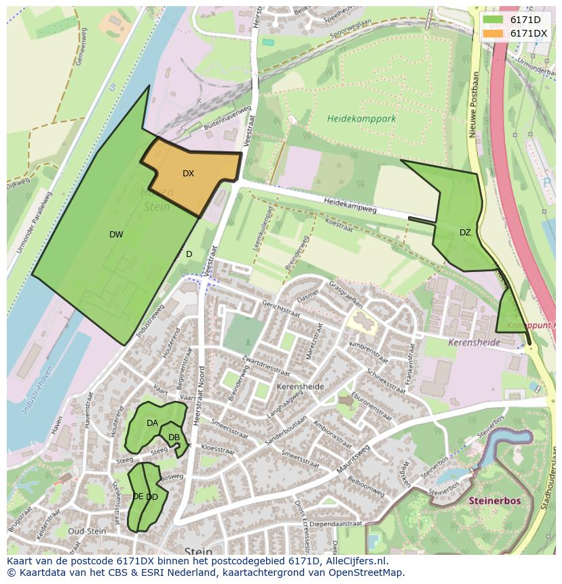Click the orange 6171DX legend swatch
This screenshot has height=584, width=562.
click(493, 33)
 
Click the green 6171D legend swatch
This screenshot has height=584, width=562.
click(493, 20)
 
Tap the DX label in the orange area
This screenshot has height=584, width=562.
click(188, 174)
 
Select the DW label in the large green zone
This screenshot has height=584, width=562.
click(116, 235)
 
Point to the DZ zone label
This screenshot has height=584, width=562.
click(465, 233)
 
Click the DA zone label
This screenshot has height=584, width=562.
click(152, 423)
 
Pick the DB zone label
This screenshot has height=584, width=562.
click(174, 437)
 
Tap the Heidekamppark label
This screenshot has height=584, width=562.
click(361, 118)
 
